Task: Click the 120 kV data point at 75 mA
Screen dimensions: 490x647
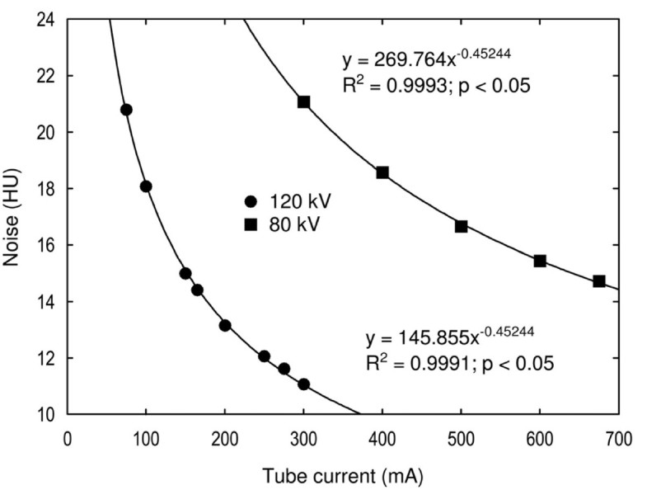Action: coord(126,110)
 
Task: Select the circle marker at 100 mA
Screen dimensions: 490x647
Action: coord(146,186)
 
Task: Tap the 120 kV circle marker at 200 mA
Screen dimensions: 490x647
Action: coord(225,325)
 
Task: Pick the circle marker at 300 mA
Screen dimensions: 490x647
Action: coord(303,384)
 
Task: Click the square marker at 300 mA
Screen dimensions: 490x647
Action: coord(303,102)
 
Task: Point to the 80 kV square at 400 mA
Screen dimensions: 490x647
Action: coord(382,172)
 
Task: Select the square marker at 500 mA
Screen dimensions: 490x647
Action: coord(461,226)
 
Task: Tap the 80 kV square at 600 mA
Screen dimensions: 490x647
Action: coord(540,261)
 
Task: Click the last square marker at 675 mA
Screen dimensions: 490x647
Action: coord(599,281)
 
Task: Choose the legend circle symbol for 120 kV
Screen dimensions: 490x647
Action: coord(251,201)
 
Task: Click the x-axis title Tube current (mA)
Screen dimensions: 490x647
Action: coord(343,476)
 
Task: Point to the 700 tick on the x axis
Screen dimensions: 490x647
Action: coord(618,440)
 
